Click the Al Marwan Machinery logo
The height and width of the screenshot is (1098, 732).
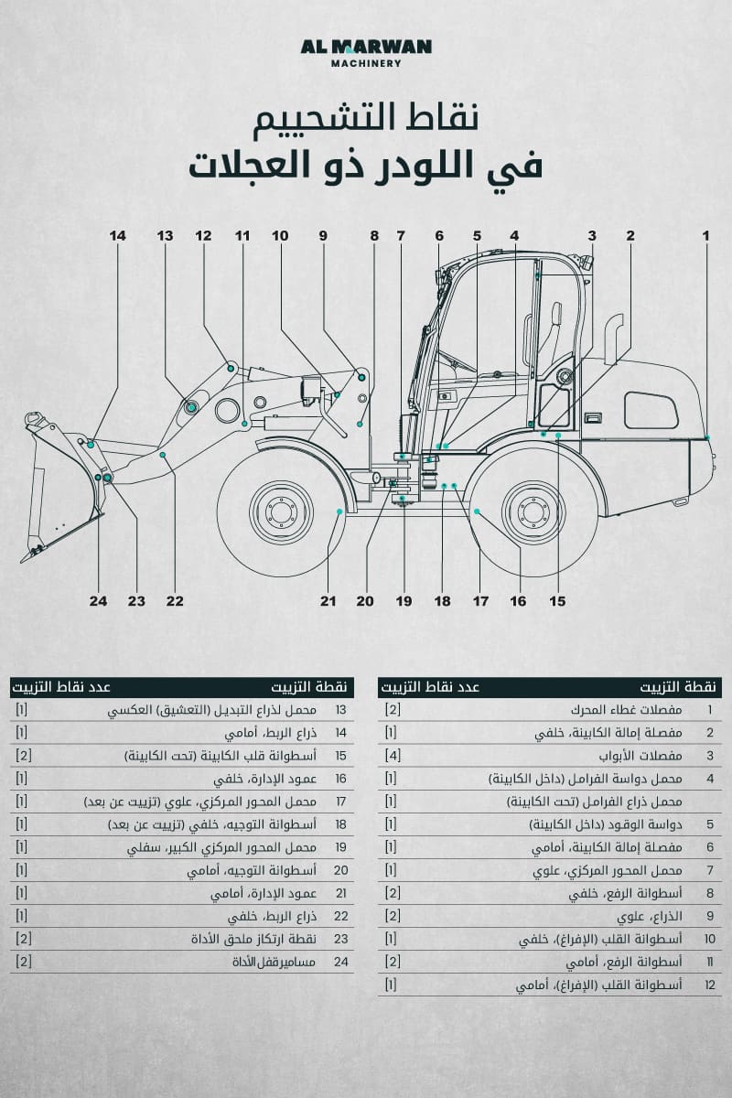[366, 52]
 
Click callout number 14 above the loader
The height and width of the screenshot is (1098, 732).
[117, 236]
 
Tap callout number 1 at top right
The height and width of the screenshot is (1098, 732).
[705, 236]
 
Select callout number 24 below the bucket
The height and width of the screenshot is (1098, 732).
[98, 601]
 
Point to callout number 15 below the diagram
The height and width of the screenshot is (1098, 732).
[556, 601]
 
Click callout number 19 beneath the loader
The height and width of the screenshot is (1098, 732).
[404, 601]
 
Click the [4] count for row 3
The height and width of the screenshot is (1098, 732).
[392, 756]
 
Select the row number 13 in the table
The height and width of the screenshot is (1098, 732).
[340, 710]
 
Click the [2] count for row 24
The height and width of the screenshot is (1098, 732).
[24, 962]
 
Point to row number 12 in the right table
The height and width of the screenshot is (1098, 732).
[710, 985]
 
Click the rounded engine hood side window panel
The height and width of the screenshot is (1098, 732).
[651, 410]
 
